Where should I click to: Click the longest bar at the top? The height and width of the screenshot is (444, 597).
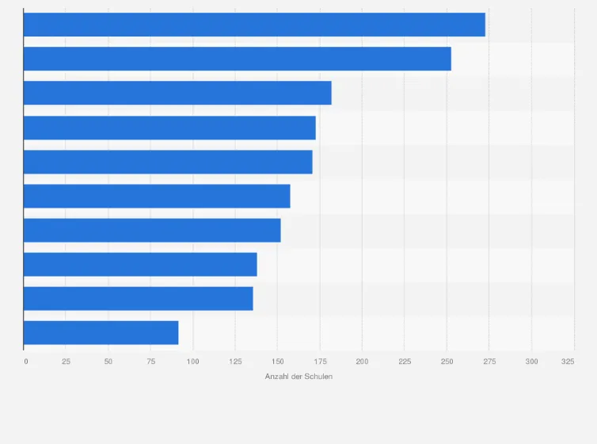254,25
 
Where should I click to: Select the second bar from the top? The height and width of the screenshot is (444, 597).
238,59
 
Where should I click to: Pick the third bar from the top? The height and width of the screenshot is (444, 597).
177,93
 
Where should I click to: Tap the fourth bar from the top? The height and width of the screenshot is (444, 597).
169,128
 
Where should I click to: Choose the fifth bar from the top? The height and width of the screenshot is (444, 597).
168,162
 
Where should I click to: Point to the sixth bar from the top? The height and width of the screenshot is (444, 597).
157,196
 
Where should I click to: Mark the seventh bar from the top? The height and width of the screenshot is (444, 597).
152,230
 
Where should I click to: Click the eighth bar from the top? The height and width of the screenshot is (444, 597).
140,264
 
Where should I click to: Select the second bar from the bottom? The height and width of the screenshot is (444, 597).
139,298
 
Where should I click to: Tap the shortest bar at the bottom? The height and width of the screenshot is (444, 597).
101,332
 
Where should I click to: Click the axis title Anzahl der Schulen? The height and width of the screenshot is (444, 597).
298,376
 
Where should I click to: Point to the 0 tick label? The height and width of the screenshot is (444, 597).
26,362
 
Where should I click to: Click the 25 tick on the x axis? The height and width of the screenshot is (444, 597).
66,362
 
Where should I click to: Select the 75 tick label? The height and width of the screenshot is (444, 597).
150,362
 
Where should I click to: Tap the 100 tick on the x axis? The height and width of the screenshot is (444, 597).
192,362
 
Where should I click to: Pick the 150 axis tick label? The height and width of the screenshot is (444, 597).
277,362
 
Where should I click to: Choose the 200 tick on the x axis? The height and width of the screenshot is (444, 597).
362,362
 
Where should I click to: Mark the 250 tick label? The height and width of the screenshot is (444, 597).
447,362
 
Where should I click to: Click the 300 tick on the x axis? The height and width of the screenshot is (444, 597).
531,362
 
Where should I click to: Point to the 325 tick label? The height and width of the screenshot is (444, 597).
568,362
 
